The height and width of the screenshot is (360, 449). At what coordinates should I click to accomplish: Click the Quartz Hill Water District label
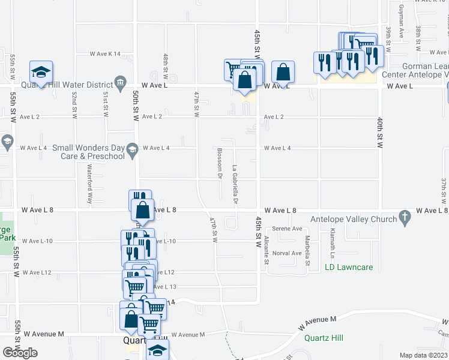(x=67, y=85)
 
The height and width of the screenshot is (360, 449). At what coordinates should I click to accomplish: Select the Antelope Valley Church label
(x=354, y=219)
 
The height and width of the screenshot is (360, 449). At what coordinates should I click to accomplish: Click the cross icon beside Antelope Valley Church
(x=405, y=215)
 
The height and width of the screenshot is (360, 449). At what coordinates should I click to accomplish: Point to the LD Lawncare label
(x=349, y=267)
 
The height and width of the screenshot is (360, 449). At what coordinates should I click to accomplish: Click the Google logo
(x=20, y=353)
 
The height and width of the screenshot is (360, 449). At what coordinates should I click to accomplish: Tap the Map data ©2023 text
(x=424, y=355)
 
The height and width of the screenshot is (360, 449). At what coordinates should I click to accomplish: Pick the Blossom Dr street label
(x=220, y=163)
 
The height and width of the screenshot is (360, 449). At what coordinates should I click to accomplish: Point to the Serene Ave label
(x=287, y=229)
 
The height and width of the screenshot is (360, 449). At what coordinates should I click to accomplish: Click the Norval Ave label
(x=286, y=253)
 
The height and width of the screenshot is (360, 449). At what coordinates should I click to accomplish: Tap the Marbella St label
(x=307, y=250)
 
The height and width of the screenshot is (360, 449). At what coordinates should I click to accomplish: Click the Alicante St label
(x=267, y=250)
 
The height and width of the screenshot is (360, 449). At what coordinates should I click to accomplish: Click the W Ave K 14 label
(x=105, y=54)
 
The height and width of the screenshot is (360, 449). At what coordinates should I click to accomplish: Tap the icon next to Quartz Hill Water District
(x=121, y=82)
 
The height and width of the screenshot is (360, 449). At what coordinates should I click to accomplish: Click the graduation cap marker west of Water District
(x=41, y=73)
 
